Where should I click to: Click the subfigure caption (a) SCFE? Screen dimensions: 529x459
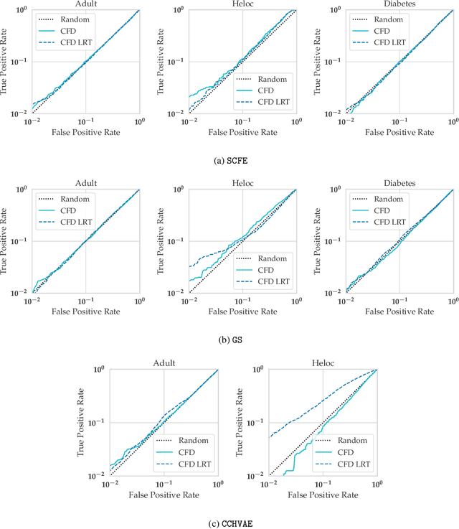(x=229, y=160)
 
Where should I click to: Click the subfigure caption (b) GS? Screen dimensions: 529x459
(x=229, y=340)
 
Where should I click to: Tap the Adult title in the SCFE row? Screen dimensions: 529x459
(x=85, y=5)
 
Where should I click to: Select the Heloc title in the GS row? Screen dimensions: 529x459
(x=242, y=184)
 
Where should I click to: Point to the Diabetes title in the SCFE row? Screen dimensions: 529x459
(x=399, y=5)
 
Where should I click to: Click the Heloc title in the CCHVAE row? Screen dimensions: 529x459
(x=323, y=363)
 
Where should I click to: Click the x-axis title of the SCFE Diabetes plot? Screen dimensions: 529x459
(x=399, y=133)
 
